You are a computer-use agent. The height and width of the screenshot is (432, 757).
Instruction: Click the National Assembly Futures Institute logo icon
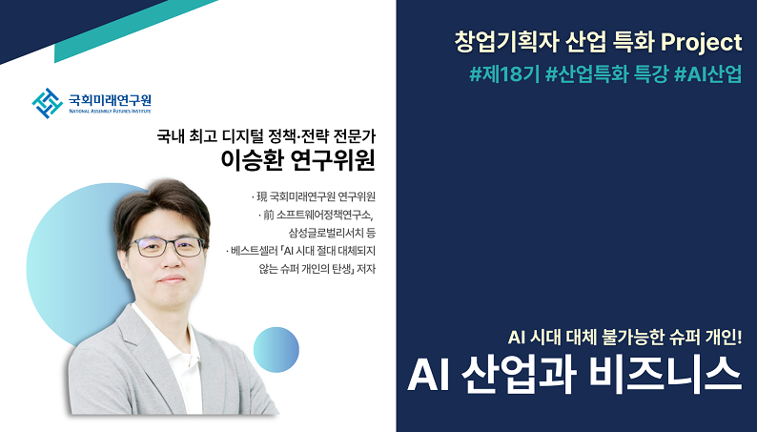48,103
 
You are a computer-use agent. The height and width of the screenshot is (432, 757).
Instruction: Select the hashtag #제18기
504,74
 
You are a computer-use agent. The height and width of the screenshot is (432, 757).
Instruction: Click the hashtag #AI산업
707,74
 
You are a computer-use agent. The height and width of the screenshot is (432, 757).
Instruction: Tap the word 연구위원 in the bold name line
334,160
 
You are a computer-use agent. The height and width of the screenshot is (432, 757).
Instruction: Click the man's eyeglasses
168,247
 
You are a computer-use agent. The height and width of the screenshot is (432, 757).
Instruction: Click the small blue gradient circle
276,349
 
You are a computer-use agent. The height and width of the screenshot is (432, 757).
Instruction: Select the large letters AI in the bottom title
429,376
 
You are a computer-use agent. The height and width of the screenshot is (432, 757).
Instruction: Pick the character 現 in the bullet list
261,196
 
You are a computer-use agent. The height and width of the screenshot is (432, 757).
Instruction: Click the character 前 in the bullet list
269,215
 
